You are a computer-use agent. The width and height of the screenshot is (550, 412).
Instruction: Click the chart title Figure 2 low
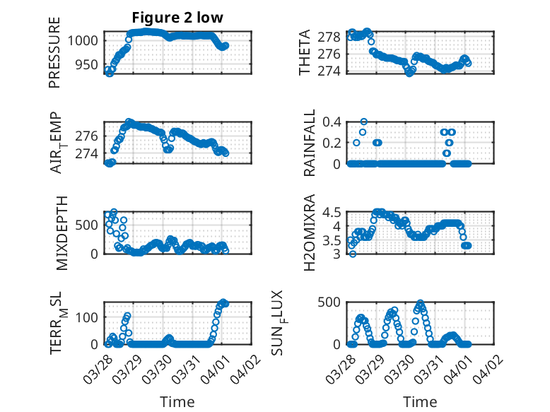(177, 18)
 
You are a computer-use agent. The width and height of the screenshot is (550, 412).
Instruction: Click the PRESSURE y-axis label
(54, 53)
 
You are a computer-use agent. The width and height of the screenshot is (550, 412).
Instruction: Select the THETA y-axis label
(305, 53)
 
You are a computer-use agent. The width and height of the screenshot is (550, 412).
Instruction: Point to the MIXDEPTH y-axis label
(60, 233)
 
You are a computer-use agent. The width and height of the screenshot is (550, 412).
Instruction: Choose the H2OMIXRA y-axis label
(310, 233)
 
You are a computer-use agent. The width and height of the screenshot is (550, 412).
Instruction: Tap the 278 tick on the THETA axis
(332, 37)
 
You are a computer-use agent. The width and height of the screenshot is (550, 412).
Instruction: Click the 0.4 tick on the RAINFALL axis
(332, 122)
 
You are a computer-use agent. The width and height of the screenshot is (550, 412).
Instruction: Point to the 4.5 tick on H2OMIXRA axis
(332, 212)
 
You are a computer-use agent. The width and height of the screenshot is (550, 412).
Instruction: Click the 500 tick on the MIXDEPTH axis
(90, 225)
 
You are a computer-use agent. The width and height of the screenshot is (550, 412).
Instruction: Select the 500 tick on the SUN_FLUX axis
(332, 302)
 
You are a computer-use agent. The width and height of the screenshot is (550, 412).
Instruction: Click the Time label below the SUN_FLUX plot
(420, 401)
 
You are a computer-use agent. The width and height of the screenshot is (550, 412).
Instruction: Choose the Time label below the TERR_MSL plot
(177, 401)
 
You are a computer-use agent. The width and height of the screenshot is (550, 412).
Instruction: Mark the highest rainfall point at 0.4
(363, 122)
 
